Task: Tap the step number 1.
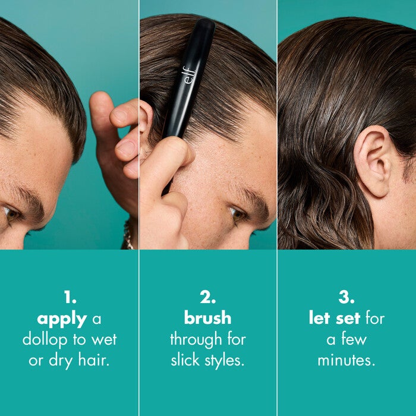point(69,297)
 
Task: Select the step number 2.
point(207,297)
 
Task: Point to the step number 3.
point(346,297)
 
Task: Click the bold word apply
point(62,319)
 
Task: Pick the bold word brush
point(207,319)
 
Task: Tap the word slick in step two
point(185,360)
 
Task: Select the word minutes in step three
point(346,360)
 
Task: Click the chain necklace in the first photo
point(128,235)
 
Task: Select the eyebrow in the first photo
point(27,199)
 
